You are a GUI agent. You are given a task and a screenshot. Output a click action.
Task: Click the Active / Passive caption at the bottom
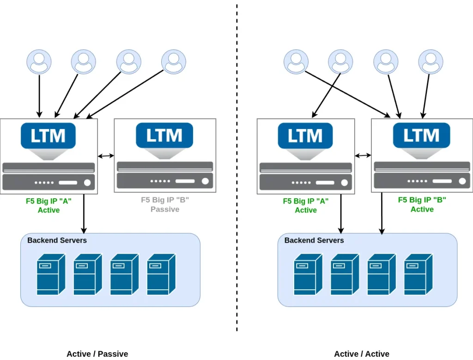97,354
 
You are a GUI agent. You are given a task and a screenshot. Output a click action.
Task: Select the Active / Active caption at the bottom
362,354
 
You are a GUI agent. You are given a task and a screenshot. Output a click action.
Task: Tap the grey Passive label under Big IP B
165,209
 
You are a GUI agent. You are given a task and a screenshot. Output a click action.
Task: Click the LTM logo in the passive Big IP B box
164,136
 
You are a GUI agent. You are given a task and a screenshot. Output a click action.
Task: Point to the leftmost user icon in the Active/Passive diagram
39,62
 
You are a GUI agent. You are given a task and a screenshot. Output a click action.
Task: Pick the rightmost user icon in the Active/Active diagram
431,62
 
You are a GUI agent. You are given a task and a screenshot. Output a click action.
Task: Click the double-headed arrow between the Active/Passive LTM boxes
106,156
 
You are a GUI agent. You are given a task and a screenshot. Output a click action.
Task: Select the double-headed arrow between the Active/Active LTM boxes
363,156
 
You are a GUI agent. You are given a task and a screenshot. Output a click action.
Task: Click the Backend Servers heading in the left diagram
57,240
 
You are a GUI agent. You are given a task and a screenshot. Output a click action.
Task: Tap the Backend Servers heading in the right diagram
314,240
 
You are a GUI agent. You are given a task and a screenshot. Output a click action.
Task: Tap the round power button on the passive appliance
202,181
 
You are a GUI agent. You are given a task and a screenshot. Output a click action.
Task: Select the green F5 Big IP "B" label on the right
422,200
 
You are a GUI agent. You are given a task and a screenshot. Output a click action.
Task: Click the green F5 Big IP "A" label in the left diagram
49,201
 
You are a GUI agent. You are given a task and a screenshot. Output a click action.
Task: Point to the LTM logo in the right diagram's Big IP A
305,136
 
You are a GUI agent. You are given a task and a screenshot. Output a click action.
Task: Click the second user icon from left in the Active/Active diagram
340,62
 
